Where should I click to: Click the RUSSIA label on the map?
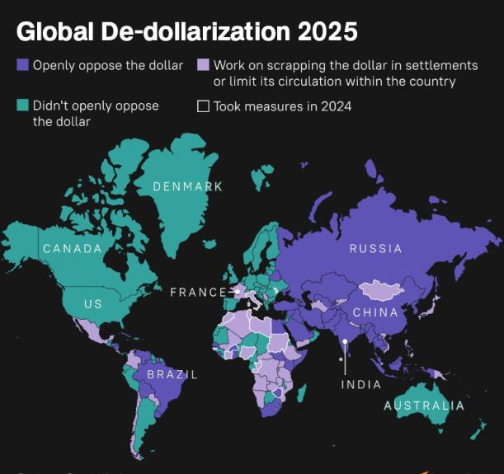point(374,248)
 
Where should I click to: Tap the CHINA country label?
point(375,312)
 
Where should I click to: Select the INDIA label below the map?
point(360,385)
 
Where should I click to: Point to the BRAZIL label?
point(172,374)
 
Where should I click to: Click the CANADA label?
point(72,248)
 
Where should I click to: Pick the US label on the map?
point(93,304)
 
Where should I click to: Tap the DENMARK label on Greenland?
point(187,186)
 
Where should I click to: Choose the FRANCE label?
point(197,292)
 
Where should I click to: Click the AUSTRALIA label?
point(423,406)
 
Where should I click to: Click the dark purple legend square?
point(22,64)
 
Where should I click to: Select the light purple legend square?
point(203,64)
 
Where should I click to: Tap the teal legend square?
point(22,106)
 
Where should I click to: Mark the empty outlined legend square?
point(203,106)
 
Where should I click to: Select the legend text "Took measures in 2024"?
point(282,106)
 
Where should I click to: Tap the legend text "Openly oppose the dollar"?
point(107,64)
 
